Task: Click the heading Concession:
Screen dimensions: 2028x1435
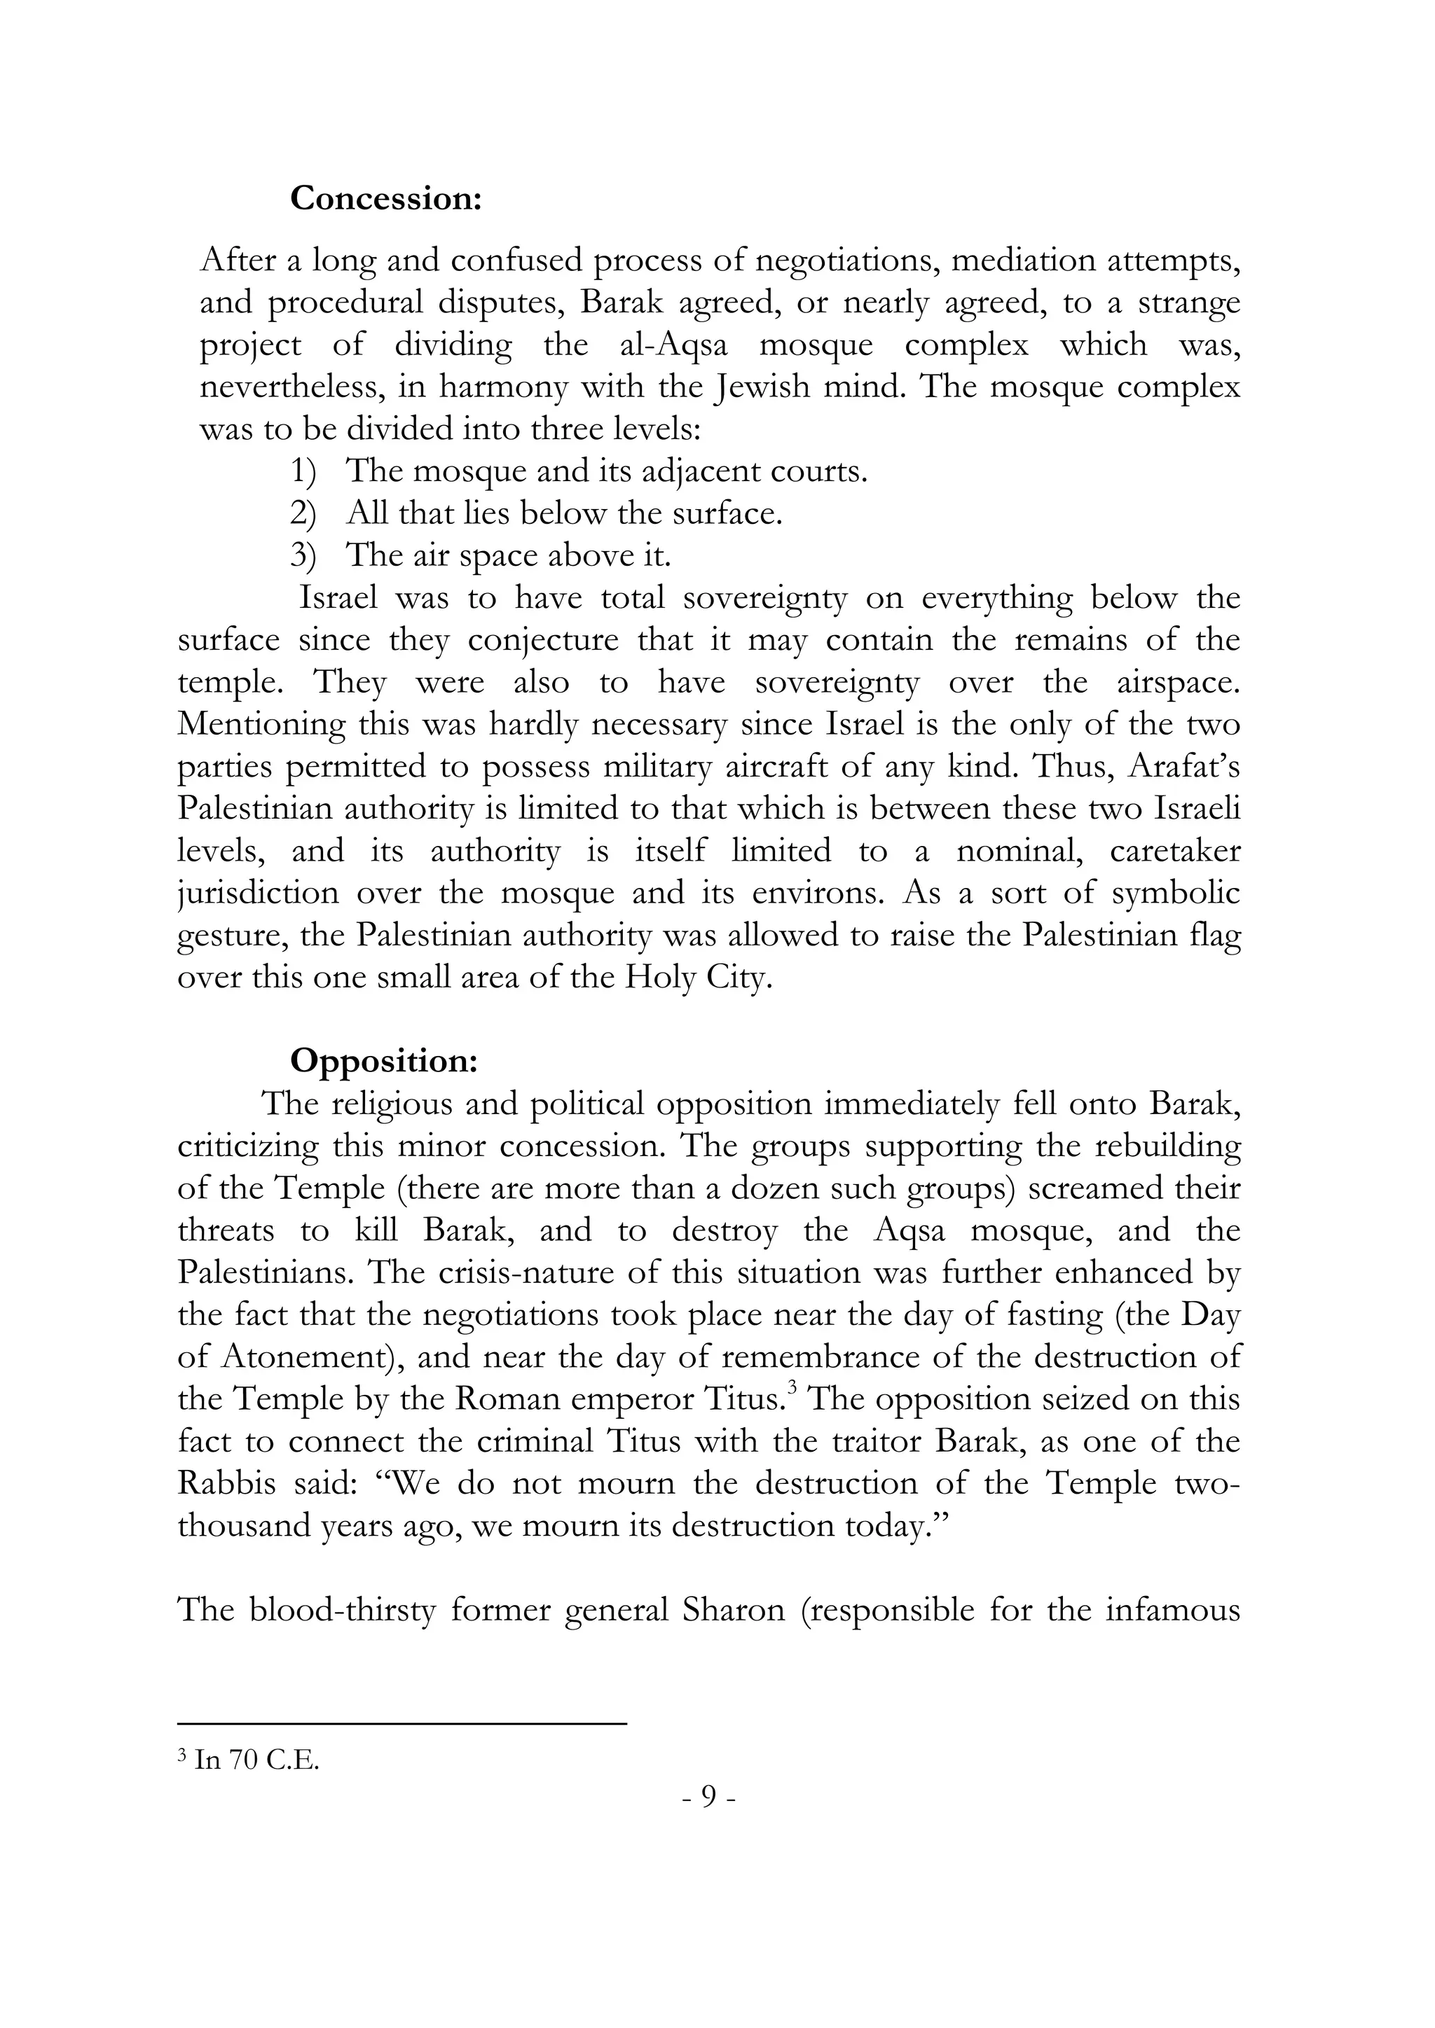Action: tap(385, 198)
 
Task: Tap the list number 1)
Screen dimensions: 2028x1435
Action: tap(303, 472)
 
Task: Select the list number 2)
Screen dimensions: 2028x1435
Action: tap(303, 514)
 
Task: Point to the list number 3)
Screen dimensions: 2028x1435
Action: tap(303, 557)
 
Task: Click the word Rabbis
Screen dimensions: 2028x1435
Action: tap(226, 1483)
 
